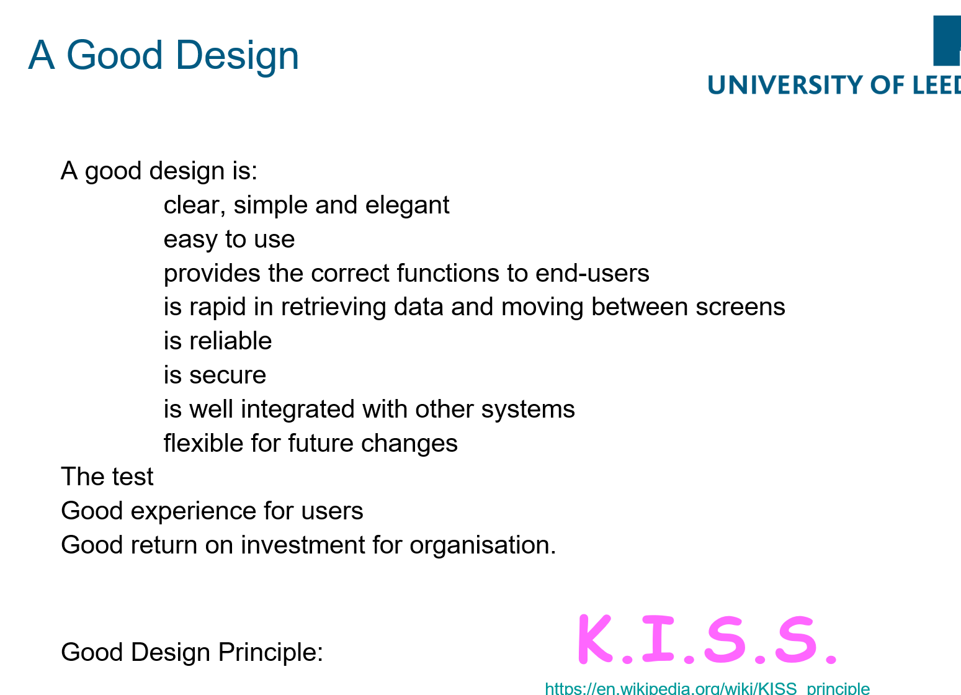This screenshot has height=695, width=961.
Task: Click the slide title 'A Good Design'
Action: pos(163,56)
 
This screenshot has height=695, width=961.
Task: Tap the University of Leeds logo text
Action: pos(834,85)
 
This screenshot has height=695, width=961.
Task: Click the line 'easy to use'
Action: pos(229,240)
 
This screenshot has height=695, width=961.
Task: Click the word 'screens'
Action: pos(740,308)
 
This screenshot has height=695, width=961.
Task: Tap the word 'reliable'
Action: pos(231,341)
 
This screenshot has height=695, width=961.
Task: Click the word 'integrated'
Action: pos(298,410)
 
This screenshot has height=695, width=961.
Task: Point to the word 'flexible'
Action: pos(203,442)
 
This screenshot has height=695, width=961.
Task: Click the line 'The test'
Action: pos(107,477)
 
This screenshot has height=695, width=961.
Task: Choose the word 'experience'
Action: pos(194,511)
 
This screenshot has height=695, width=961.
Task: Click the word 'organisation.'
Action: pos(483,545)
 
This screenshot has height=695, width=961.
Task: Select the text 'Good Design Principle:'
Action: pos(192,653)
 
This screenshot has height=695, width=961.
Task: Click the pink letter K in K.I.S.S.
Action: pos(595,639)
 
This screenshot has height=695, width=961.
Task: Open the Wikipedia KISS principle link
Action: pos(707,688)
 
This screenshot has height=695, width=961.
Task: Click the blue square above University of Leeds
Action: pos(947,41)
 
